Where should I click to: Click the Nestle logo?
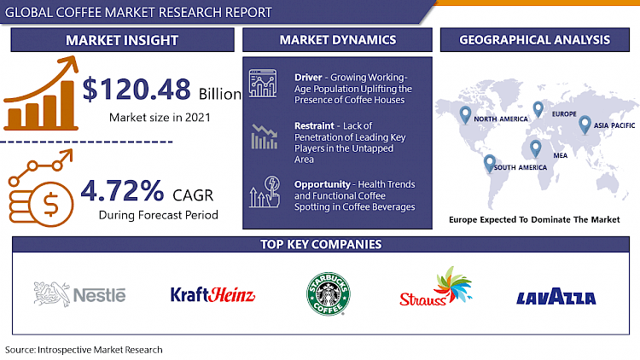(x=79, y=294)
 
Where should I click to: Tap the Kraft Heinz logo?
(x=212, y=295)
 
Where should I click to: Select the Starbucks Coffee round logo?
(x=329, y=294)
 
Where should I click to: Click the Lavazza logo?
(x=556, y=298)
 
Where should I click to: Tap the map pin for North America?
(x=466, y=114)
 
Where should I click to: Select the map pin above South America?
(x=490, y=162)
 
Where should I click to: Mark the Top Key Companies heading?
(x=320, y=245)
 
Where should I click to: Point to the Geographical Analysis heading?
(x=534, y=39)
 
